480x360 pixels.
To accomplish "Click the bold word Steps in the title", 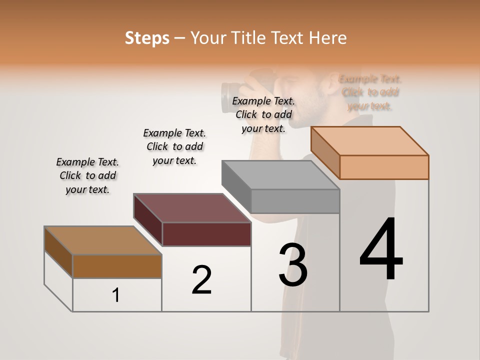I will (147, 38).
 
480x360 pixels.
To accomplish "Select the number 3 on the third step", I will (293, 265).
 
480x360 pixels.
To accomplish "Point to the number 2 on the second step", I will (202, 280).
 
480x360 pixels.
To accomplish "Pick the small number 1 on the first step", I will (116, 295).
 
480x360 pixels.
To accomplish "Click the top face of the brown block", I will (103, 240).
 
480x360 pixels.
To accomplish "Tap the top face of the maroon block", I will (192, 208).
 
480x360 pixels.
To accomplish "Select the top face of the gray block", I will (280, 175).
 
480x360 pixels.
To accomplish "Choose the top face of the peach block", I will (370, 141).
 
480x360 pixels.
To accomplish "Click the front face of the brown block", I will (117, 266).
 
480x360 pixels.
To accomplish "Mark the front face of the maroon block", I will (206, 234).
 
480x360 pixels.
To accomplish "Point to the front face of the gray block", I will (295, 201).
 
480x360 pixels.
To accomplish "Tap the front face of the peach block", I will (384, 167).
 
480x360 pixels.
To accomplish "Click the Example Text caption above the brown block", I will (87, 175).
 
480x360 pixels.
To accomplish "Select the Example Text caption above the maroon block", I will (174, 146).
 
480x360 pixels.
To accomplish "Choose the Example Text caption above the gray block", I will (263, 114).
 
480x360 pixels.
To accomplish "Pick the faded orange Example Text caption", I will (370, 92).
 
